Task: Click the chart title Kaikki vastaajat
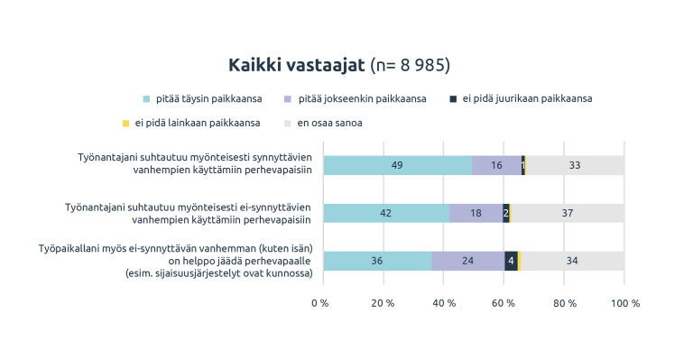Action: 297,65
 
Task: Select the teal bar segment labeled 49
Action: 397,165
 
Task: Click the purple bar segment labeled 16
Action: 496,165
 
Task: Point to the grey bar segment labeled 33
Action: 575,165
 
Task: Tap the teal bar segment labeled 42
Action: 386,213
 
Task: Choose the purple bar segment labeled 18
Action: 476,213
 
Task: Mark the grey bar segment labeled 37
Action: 568,213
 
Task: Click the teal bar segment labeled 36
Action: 377,261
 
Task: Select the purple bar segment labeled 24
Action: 467,261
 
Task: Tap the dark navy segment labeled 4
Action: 511,261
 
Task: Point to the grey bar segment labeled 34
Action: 572,261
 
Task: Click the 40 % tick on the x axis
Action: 444,303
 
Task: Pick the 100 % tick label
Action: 624,303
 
